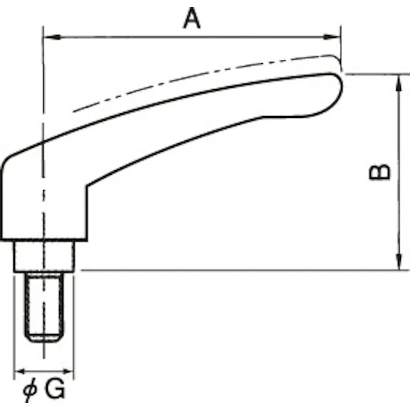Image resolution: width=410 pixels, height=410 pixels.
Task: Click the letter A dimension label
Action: (192, 18)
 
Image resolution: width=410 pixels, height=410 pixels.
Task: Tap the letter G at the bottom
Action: (54, 391)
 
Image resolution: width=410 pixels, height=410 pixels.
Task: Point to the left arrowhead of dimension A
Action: (48, 37)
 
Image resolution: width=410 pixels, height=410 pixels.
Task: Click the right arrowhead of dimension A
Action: (336, 37)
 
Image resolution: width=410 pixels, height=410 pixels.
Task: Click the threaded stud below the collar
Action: (43, 305)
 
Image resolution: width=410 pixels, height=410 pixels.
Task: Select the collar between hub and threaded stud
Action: (43, 256)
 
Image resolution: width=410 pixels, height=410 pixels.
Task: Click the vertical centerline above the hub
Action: (43, 86)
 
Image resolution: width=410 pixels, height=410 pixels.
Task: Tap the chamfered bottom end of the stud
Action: (43, 339)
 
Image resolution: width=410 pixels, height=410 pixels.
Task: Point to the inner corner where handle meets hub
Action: (87, 186)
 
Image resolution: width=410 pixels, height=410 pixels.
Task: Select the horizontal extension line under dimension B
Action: (230, 270)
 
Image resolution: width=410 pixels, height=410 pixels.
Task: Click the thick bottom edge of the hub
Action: (43, 239)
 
